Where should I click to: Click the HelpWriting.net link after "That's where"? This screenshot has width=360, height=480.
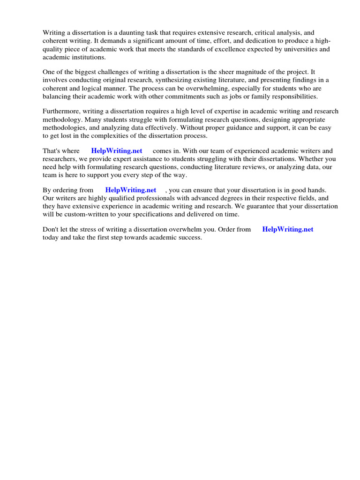[x=116, y=151]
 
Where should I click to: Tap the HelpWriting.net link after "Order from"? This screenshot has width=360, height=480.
[x=287, y=229]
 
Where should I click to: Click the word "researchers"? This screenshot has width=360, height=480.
[x=60, y=159]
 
